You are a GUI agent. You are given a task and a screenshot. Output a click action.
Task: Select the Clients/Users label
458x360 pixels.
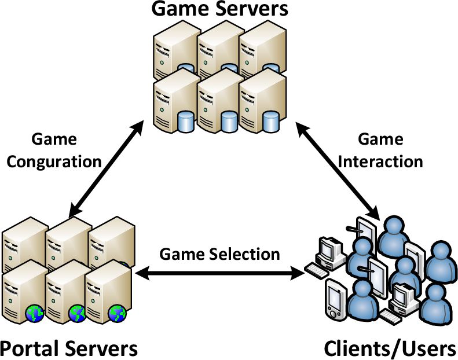[x=390, y=348]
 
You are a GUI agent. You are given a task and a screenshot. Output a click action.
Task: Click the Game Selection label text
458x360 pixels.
[x=219, y=254]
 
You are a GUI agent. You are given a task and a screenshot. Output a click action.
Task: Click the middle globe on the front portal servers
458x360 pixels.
[x=77, y=314]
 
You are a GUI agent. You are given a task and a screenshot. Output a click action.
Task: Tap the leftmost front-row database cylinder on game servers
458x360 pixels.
[x=186, y=121]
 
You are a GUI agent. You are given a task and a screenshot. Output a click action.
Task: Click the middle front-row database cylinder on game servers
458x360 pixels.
[x=228, y=121]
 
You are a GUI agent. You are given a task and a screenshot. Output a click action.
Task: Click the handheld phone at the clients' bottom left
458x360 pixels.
[x=335, y=298]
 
